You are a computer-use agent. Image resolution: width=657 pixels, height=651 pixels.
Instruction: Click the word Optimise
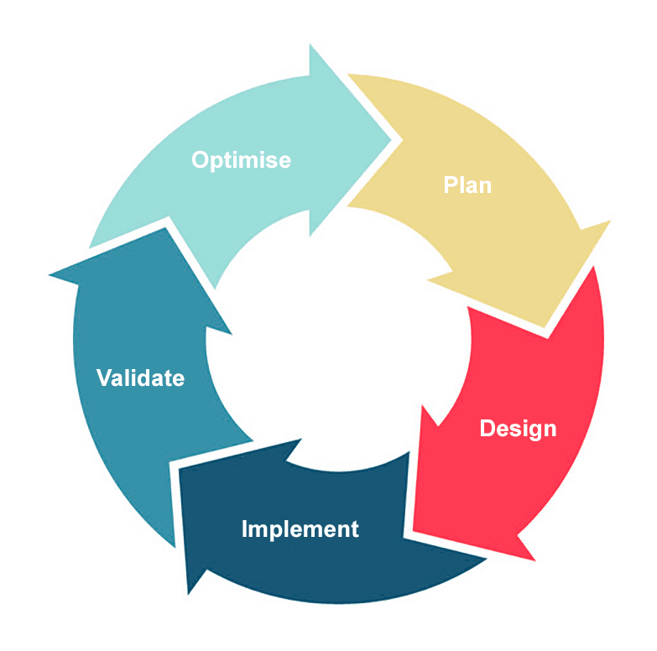[241, 159]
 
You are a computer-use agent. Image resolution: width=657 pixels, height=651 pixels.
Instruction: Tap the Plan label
[467, 185]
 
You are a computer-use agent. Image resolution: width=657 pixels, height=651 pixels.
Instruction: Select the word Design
[518, 429]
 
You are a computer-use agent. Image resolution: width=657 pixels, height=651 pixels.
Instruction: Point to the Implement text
[300, 529]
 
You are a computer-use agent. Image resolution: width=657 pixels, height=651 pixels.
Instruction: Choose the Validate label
[140, 378]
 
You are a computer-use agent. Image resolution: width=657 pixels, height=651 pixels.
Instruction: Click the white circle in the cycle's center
[336, 336]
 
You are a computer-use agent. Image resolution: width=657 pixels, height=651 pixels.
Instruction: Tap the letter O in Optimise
[200, 159]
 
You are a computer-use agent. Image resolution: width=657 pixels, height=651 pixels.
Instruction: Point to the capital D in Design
[488, 429]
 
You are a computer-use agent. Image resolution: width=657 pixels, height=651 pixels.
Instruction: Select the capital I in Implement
[245, 529]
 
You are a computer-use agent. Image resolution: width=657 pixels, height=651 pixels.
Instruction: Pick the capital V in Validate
[104, 378]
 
